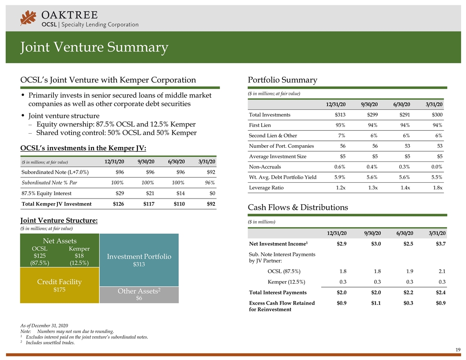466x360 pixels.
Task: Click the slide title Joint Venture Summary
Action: [94, 47]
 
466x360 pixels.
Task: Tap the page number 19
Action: [458, 350]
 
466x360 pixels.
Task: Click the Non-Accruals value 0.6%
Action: [339, 167]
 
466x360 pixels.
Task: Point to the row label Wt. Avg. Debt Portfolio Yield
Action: [282, 177]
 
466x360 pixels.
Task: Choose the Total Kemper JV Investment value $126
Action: [117, 204]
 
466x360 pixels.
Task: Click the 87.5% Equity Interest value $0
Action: [211, 193]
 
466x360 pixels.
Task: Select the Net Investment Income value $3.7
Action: [440, 244]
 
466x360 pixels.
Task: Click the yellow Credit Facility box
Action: [60, 285]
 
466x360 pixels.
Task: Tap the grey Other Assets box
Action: [139, 295]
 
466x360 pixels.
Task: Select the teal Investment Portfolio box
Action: [139, 260]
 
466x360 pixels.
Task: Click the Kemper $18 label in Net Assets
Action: [79, 256]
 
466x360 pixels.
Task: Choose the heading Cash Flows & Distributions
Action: [298, 207]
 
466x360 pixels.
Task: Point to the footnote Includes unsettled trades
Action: [53, 343]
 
